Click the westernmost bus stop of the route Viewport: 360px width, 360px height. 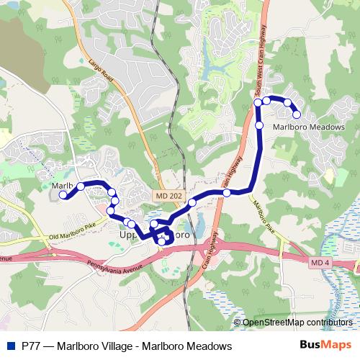click(x=63, y=194)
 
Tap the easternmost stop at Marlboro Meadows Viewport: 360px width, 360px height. click(x=296, y=114)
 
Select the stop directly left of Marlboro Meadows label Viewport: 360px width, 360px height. click(x=259, y=126)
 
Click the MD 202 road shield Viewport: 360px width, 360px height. click(x=163, y=195)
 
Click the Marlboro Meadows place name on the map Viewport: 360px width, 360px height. click(x=309, y=127)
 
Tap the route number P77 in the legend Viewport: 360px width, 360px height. click(x=32, y=346)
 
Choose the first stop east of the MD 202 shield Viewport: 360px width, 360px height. click(x=192, y=203)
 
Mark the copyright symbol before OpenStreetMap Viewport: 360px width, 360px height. click(x=237, y=323)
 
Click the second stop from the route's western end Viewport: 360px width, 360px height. click(x=81, y=186)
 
